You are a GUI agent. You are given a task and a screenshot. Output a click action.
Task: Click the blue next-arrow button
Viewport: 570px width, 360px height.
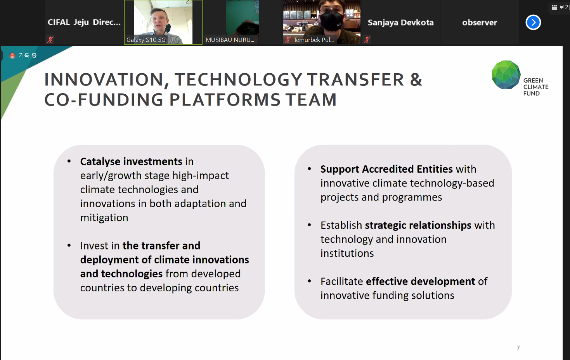coord(533,22)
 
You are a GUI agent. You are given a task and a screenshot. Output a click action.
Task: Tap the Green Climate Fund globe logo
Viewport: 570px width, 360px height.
coord(506,75)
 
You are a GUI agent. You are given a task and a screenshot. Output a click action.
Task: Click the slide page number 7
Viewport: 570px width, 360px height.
coord(518,348)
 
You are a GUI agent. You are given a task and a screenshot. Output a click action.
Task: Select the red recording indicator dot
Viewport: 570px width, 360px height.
coord(12,55)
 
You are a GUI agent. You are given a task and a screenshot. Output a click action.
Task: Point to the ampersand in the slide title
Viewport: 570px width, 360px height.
coord(416,80)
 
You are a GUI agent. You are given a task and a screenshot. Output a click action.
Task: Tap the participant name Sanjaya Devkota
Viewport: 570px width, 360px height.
coord(400,22)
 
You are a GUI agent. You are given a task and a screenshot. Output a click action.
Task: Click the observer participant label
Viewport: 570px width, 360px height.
coord(480,22)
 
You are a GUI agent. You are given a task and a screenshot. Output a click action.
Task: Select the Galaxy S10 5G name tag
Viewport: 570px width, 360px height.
coord(146,40)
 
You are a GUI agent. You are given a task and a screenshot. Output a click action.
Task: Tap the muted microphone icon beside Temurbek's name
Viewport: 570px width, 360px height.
coord(288,40)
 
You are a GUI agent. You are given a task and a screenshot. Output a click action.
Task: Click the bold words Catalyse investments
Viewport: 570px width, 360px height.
coord(131,161)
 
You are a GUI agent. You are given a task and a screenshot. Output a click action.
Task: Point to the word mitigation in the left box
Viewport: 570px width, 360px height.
coord(104,218)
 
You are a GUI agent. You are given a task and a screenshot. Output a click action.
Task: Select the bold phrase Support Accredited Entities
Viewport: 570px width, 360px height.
coord(386,169)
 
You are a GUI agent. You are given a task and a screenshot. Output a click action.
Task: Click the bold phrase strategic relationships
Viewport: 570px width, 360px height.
coord(418,225)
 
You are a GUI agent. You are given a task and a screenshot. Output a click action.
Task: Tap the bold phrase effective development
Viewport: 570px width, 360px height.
coord(420,281)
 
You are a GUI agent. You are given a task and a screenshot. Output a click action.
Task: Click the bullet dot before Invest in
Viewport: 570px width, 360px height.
coord(69,246)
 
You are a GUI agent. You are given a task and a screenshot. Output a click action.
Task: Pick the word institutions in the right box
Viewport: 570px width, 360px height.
coord(347,253)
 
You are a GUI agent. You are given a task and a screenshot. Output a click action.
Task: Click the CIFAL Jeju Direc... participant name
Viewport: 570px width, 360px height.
coord(84,22)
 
